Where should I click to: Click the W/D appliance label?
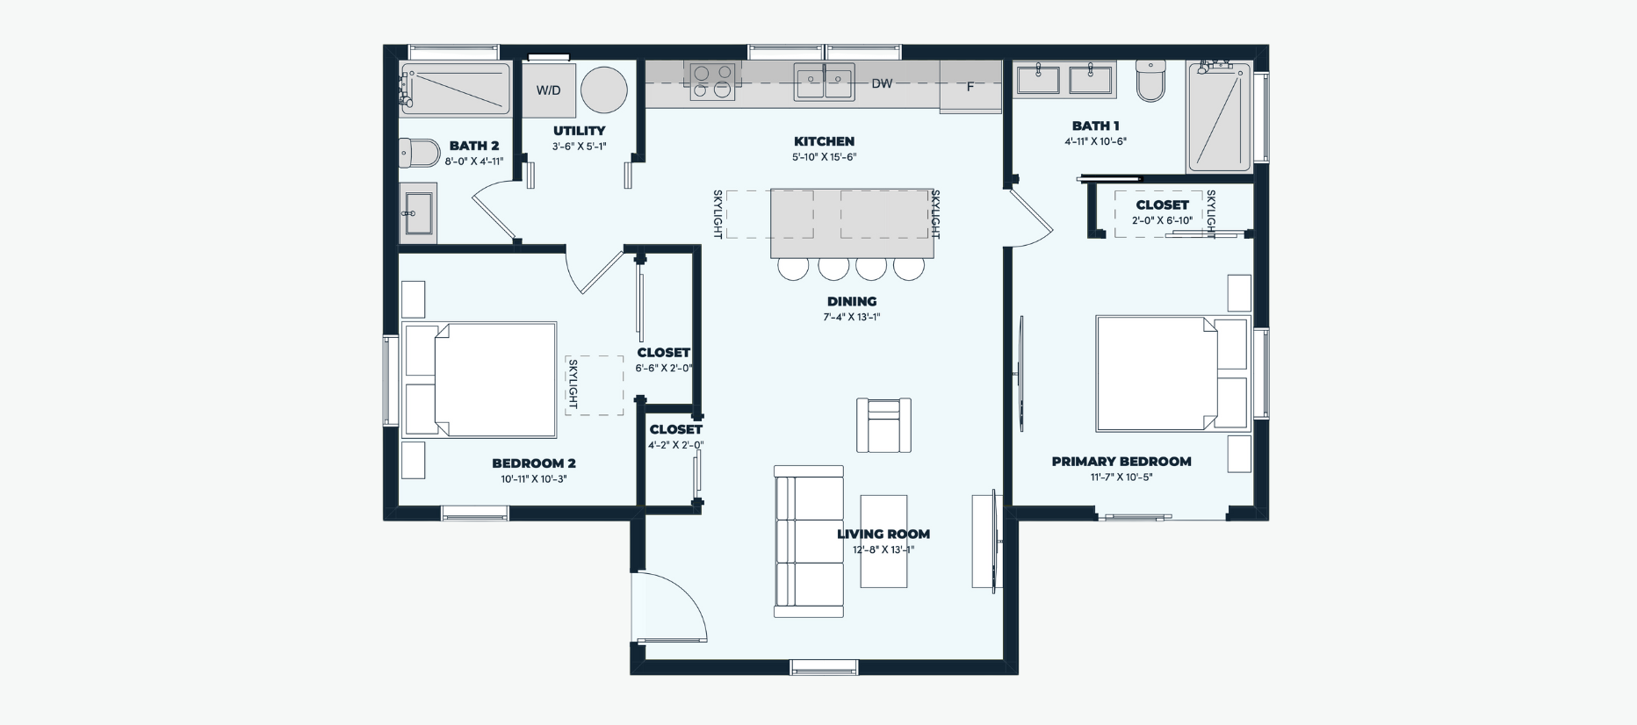click(549, 90)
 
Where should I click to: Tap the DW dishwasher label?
click(882, 83)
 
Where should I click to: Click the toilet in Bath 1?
click(1150, 81)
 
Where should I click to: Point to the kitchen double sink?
click(825, 83)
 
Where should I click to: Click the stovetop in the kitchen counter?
click(712, 81)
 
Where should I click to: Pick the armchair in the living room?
click(883, 426)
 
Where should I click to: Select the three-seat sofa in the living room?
click(809, 542)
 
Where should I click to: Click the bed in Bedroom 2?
click(480, 380)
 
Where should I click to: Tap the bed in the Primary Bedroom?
click(1172, 374)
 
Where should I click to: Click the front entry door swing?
click(670, 607)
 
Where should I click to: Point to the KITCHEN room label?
click(824, 141)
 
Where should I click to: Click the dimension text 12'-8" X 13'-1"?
click(883, 550)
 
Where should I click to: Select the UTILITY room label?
click(580, 131)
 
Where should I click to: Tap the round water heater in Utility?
click(604, 90)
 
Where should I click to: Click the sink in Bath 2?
click(418, 211)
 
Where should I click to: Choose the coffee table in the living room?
click(883, 542)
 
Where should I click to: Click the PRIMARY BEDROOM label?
click(1121, 462)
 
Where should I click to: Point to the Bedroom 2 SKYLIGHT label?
click(573, 384)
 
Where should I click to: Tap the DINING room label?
click(852, 301)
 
